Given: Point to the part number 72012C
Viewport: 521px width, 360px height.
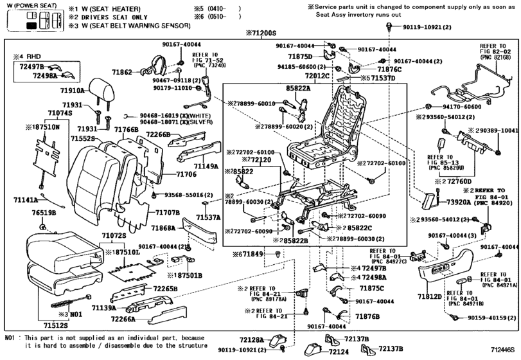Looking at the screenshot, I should (318, 76).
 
